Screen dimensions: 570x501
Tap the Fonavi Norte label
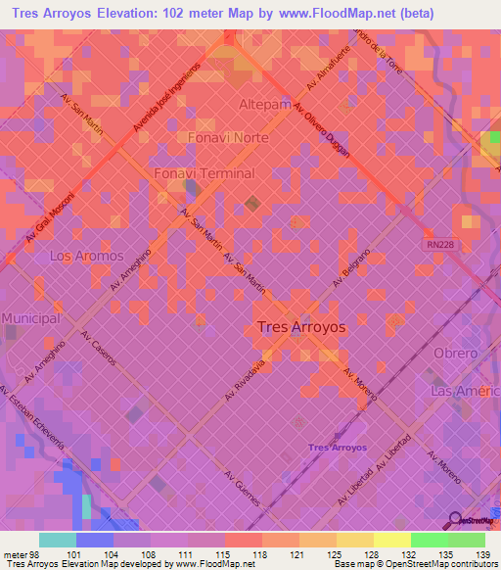coord(227,138)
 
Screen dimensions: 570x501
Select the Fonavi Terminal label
coord(205,173)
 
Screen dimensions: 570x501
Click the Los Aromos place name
coord(86,256)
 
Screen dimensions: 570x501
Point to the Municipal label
coord(31,319)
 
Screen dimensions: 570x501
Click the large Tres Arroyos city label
coord(300,328)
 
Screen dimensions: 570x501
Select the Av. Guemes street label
coord(243,486)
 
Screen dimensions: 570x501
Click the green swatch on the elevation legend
coord(429,540)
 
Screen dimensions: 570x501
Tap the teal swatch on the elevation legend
coord(57,540)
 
